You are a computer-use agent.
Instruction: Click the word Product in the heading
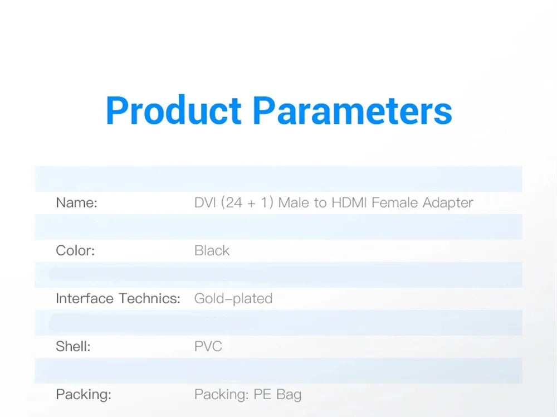pyautogui.click(x=173, y=110)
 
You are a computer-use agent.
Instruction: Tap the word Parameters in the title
pyautogui.click(x=352, y=110)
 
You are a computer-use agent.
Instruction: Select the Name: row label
pyautogui.click(x=76, y=203)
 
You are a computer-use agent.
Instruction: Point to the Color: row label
pyautogui.click(x=75, y=251)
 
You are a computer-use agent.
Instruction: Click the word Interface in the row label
pyautogui.click(x=85, y=299)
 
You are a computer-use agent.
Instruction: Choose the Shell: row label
pyautogui.click(x=73, y=347)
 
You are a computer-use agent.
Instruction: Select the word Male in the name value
pyautogui.click(x=294, y=203)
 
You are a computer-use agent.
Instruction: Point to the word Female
pyautogui.click(x=395, y=203)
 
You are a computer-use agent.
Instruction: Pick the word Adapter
pyautogui.click(x=448, y=203)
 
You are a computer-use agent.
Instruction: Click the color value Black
pyautogui.click(x=212, y=251)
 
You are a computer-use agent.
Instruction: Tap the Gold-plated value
pyautogui.click(x=233, y=299)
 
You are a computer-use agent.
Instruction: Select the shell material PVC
pyautogui.click(x=208, y=347)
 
